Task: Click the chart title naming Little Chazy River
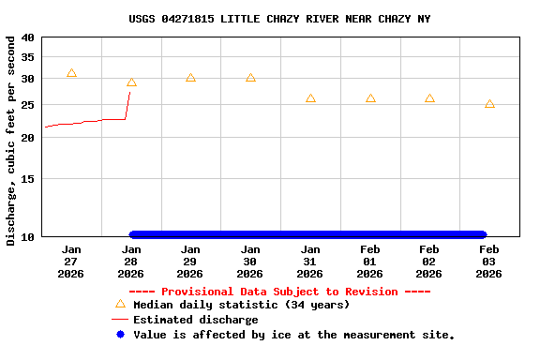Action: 279,19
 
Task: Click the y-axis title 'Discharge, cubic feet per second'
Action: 11,141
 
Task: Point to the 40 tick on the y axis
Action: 26,37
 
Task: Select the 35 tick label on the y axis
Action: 26,57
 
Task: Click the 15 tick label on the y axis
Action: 26,178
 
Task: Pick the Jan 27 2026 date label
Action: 71,262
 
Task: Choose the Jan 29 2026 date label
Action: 190,262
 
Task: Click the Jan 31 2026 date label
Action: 310,262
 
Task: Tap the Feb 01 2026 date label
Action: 369,262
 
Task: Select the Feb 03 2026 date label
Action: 489,262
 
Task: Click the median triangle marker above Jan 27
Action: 71,73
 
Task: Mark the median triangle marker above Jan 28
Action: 131,82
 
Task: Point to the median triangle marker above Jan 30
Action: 250,78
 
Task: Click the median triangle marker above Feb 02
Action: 429,98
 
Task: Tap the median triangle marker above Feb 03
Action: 489,104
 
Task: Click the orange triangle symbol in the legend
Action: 119,304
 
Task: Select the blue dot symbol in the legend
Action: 119,335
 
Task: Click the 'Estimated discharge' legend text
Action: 195,320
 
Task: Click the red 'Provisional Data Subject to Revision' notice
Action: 279,292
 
